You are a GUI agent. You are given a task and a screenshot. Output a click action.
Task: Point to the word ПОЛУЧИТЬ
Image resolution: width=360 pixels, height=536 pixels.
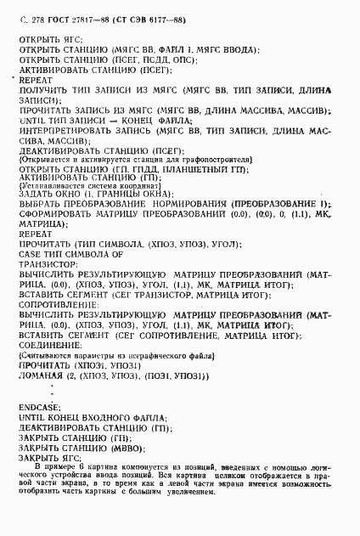47,89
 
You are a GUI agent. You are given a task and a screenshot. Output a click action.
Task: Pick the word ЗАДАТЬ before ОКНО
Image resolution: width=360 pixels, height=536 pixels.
36,195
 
